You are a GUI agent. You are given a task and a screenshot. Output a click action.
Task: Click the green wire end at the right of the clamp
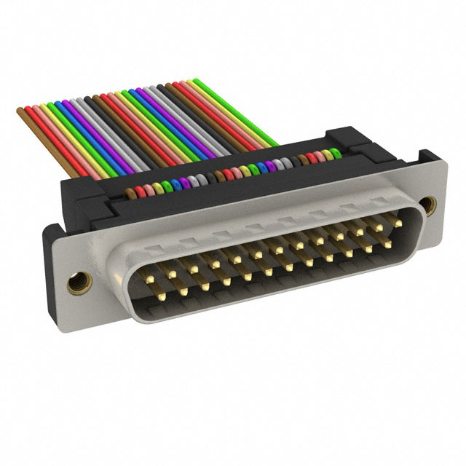point(335,154)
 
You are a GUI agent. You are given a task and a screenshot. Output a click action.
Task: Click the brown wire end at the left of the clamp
point(130,194)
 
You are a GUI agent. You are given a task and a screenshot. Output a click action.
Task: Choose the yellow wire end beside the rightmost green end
point(326,155)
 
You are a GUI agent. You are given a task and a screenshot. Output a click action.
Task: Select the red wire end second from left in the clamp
point(139,191)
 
